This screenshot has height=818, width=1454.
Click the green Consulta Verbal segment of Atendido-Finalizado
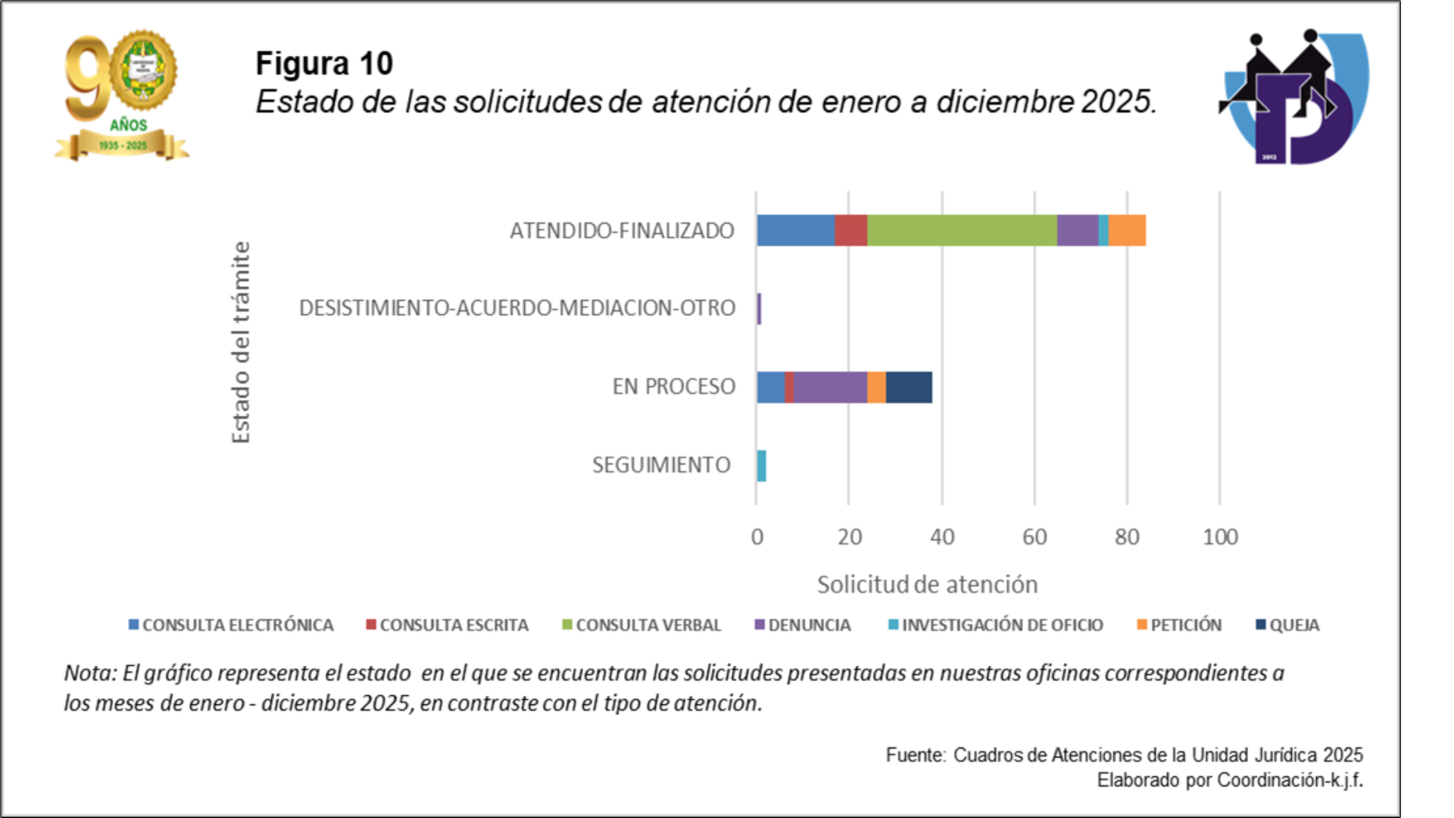pos(962,230)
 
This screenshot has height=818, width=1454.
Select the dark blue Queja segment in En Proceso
pos(909,387)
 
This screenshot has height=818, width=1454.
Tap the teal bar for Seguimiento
pos(761,466)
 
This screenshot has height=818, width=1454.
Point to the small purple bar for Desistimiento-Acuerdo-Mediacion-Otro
pos(759,309)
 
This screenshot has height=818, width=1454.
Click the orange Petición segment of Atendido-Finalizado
pos(1127,230)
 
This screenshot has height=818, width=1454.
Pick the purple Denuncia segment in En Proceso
pos(830,387)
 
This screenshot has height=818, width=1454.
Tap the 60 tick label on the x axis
pos(1034,537)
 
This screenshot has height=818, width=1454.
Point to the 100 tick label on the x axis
pos(1220,537)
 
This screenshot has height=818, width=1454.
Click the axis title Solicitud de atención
pos(927,585)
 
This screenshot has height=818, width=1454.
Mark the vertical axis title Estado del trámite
pos(241,342)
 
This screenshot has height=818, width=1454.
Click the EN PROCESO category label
pos(673,387)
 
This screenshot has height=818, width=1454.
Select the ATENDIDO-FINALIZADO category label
pos(622,231)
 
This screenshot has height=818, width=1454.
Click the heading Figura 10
pos(324,64)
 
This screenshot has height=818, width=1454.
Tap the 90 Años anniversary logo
pos(122,95)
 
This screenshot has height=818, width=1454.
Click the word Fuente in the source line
pos(915,755)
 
